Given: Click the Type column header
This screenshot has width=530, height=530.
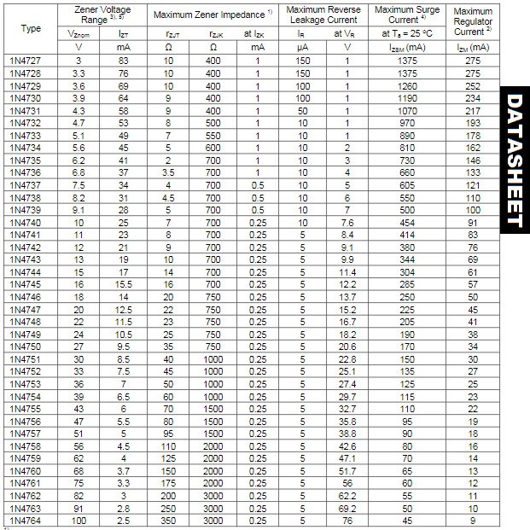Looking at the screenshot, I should [30, 28].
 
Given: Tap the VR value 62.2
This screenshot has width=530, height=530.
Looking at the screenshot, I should [347, 495].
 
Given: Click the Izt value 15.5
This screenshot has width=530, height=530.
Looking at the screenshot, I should [123, 283].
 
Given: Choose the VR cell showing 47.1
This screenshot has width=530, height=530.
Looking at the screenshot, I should [347, 457].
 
